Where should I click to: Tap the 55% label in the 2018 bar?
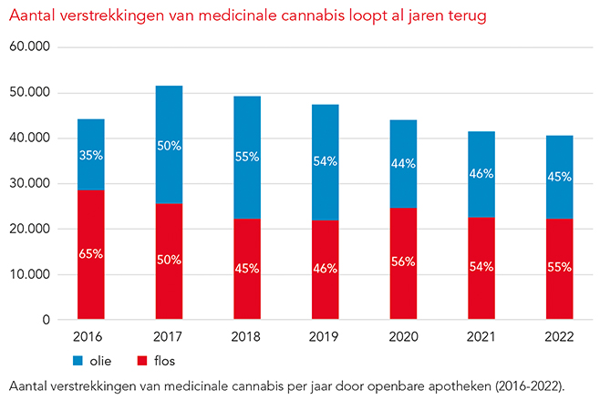[247, 157]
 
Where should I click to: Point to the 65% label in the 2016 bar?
[90, 254]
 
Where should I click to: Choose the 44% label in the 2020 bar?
[404, 164]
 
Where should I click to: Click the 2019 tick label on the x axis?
[326, 337]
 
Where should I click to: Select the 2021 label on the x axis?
[481, 337]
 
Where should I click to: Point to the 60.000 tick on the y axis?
[30, 47]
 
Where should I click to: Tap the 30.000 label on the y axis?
[30, 184]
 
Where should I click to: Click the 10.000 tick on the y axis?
[30, 274]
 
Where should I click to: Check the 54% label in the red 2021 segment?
[481, 266]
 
